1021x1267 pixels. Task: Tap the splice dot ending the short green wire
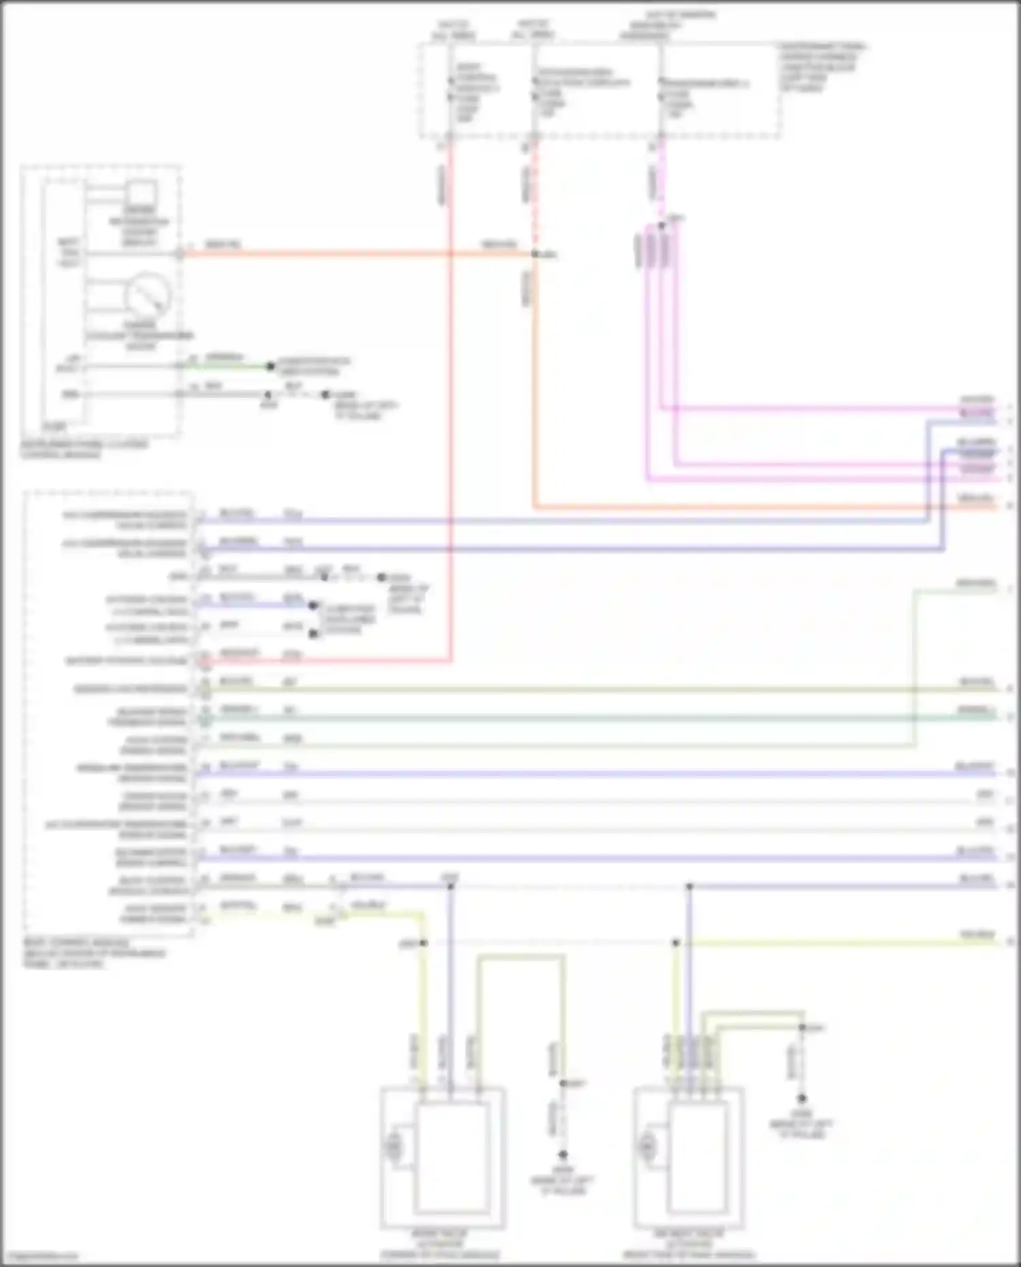270,366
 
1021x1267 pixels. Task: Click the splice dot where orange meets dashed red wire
535,254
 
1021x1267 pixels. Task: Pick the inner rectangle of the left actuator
452,1158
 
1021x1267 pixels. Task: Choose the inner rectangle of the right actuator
696,1158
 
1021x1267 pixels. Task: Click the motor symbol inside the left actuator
393,1148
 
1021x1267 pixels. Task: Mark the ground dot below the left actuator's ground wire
563,1155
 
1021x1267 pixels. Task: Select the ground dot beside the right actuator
802,1098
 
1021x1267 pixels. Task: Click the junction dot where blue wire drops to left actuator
450,886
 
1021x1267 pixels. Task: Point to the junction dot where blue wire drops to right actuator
689,886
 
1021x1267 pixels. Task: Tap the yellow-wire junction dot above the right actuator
676,943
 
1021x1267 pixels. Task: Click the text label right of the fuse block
822,67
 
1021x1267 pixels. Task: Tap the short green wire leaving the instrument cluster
228,366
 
